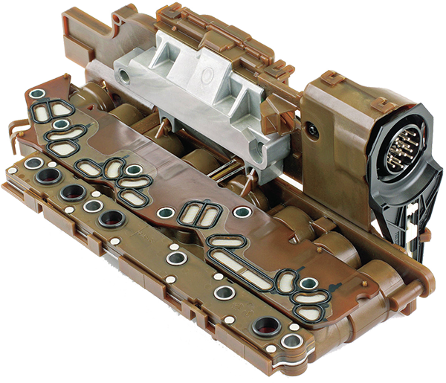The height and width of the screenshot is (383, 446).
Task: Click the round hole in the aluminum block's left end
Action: (121, 74)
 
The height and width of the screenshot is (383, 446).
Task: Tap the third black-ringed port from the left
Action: (112, 219)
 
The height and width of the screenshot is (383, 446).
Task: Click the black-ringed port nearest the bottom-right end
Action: (265, 325)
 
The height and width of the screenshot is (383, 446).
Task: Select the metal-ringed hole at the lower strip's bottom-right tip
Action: (291, 341)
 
